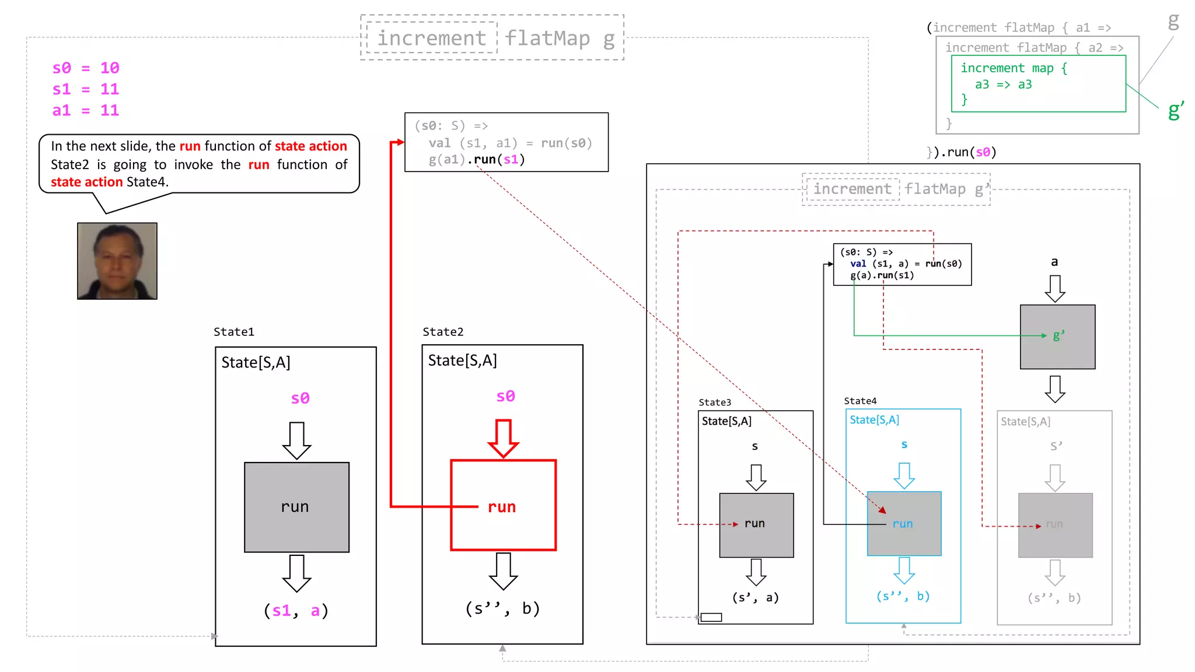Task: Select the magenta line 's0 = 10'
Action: tap(86, 68)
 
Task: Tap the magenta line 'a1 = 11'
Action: tap(86, 110)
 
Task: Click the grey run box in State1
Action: tap(296, 506)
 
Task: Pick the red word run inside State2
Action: tap(502, 507)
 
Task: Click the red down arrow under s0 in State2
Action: tap(504, 438)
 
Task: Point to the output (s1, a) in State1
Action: tap(296, 611)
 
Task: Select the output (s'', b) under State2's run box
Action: tap(502, 608)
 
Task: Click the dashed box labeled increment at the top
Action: tap(432, 38)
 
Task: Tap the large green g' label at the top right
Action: tap(1176, 110)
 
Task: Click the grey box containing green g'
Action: tap(1057, 337)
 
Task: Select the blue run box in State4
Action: tap(904, 523)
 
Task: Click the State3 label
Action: tap(715, 402)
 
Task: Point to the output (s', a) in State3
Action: tap(755, 597)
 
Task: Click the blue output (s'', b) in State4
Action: tap(903, 596)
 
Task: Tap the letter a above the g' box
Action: tap(1054, 262)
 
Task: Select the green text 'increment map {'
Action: tap(1014, 68)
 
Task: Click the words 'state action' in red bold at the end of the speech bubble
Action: tap(86, 182)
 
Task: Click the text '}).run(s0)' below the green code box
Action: tap(962, 152)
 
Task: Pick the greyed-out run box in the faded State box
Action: tap(1055, 525)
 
